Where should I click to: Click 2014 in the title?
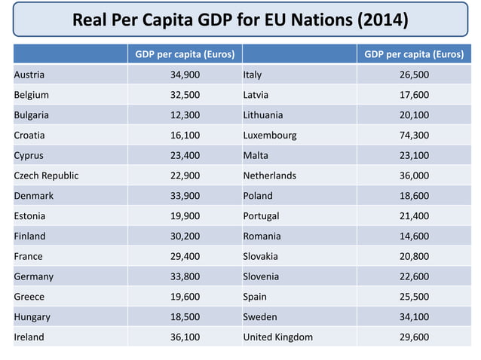(x=382, y=20)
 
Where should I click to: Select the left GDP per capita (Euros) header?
(x=184, y=54)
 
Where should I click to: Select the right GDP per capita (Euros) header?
(x=413, y=54)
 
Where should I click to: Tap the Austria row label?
(x=29, y=75)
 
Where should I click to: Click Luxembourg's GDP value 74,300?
(x=413, y=136)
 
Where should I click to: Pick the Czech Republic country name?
(x=46, y=175)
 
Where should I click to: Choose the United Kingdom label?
(x=277, y=337)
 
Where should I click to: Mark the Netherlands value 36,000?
(x=413, y=175)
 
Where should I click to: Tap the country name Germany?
(x=33, y=276)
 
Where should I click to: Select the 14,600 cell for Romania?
(x=413, y=236)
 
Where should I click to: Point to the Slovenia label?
(x=261, y=276)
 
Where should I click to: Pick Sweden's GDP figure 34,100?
(x=413, y=316)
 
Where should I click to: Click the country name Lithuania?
(x=263, y=115)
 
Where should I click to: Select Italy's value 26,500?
(x=413, y=75)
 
